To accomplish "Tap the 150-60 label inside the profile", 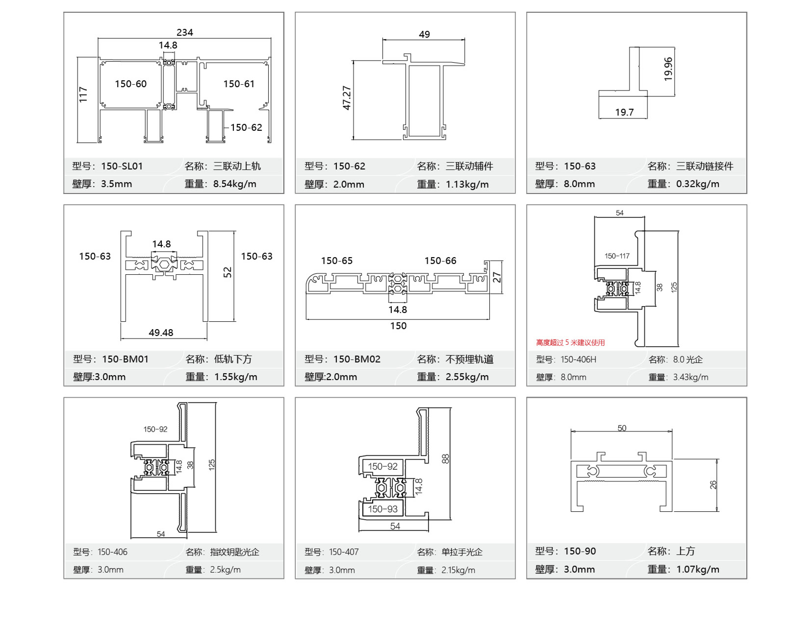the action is (131, 84).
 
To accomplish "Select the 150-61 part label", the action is (239, 84).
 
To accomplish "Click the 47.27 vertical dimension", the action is (346, 98).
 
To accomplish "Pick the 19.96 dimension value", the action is (668, 69).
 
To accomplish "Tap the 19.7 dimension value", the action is (624, 112).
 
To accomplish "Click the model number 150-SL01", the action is (122, 166).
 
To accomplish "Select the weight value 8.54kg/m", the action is (235, 184).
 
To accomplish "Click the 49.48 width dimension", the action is (161, 332).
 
